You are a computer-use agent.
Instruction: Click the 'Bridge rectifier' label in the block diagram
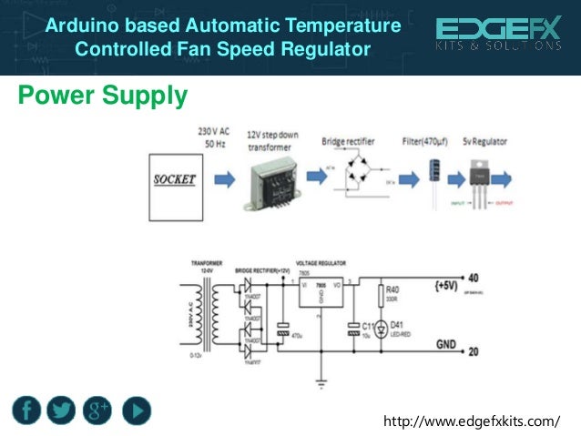point(352,143)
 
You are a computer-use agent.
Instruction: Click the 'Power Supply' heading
point(103,95)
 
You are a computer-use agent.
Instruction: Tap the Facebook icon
point(27,411)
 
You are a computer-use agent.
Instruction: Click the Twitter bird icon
point(61,411)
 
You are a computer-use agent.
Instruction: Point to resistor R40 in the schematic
point(381,296)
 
